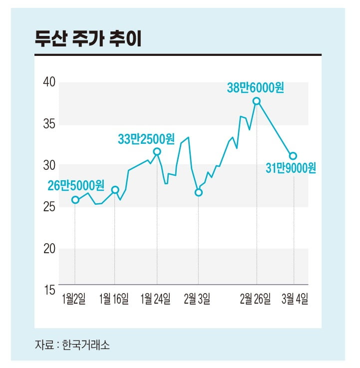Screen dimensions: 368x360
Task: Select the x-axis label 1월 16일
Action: (114, 299)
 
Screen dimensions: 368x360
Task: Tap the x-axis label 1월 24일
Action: (156, 299)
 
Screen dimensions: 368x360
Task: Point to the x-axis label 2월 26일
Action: (256, 299)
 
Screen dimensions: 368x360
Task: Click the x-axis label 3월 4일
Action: (294, 299)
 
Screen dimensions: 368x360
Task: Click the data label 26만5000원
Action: (76, 186)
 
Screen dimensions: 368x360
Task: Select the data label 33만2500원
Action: (146, 139)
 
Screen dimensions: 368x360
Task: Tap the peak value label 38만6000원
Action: (256, 88)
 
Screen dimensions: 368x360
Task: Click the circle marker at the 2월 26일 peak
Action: (257, 101)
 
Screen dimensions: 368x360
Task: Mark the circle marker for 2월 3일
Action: (199, 192)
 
